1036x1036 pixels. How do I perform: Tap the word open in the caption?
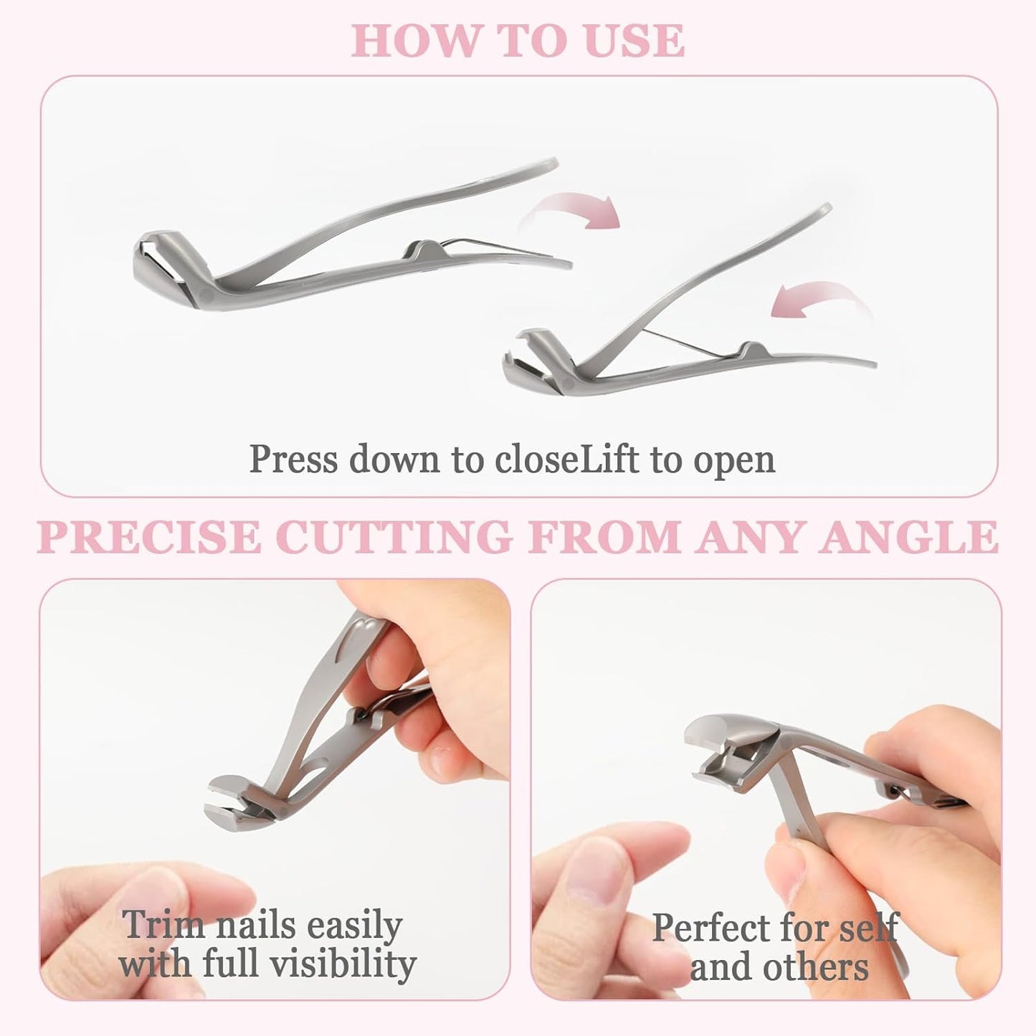734,460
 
